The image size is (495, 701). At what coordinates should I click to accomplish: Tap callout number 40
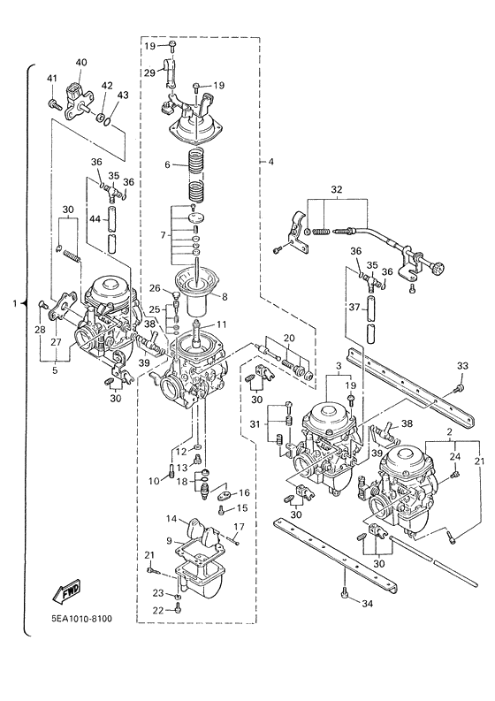pos(81,62)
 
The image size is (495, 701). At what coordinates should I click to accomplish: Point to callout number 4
pos(271,162)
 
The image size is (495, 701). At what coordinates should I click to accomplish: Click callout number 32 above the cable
pos(336,190)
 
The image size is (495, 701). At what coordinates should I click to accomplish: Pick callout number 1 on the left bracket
pos(15,303)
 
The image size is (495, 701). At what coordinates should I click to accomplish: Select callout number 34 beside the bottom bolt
pos(367,603)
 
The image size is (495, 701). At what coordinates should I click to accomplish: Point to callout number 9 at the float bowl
pos(168,540)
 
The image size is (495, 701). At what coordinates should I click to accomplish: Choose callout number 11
pos(222,324)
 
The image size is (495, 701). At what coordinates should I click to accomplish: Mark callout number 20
pos(288,338)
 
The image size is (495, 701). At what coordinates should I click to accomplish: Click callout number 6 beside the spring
pos(167,165)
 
